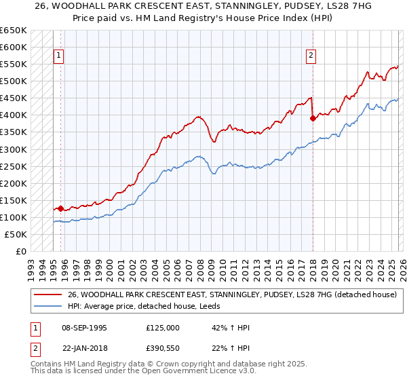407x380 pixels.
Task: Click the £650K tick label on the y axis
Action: tap(14, 31)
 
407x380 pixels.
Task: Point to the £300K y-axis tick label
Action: tap(14, 149)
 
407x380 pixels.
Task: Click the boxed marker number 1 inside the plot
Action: tap(59, 56)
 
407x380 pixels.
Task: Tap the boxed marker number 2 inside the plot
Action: tap(311, 56)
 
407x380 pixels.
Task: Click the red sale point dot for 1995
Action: tap(60, 208)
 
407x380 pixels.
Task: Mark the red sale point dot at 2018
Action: tap(313, 118)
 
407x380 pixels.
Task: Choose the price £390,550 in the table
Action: tap(163, 347)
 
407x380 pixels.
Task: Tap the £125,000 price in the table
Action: tap(163, 328)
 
